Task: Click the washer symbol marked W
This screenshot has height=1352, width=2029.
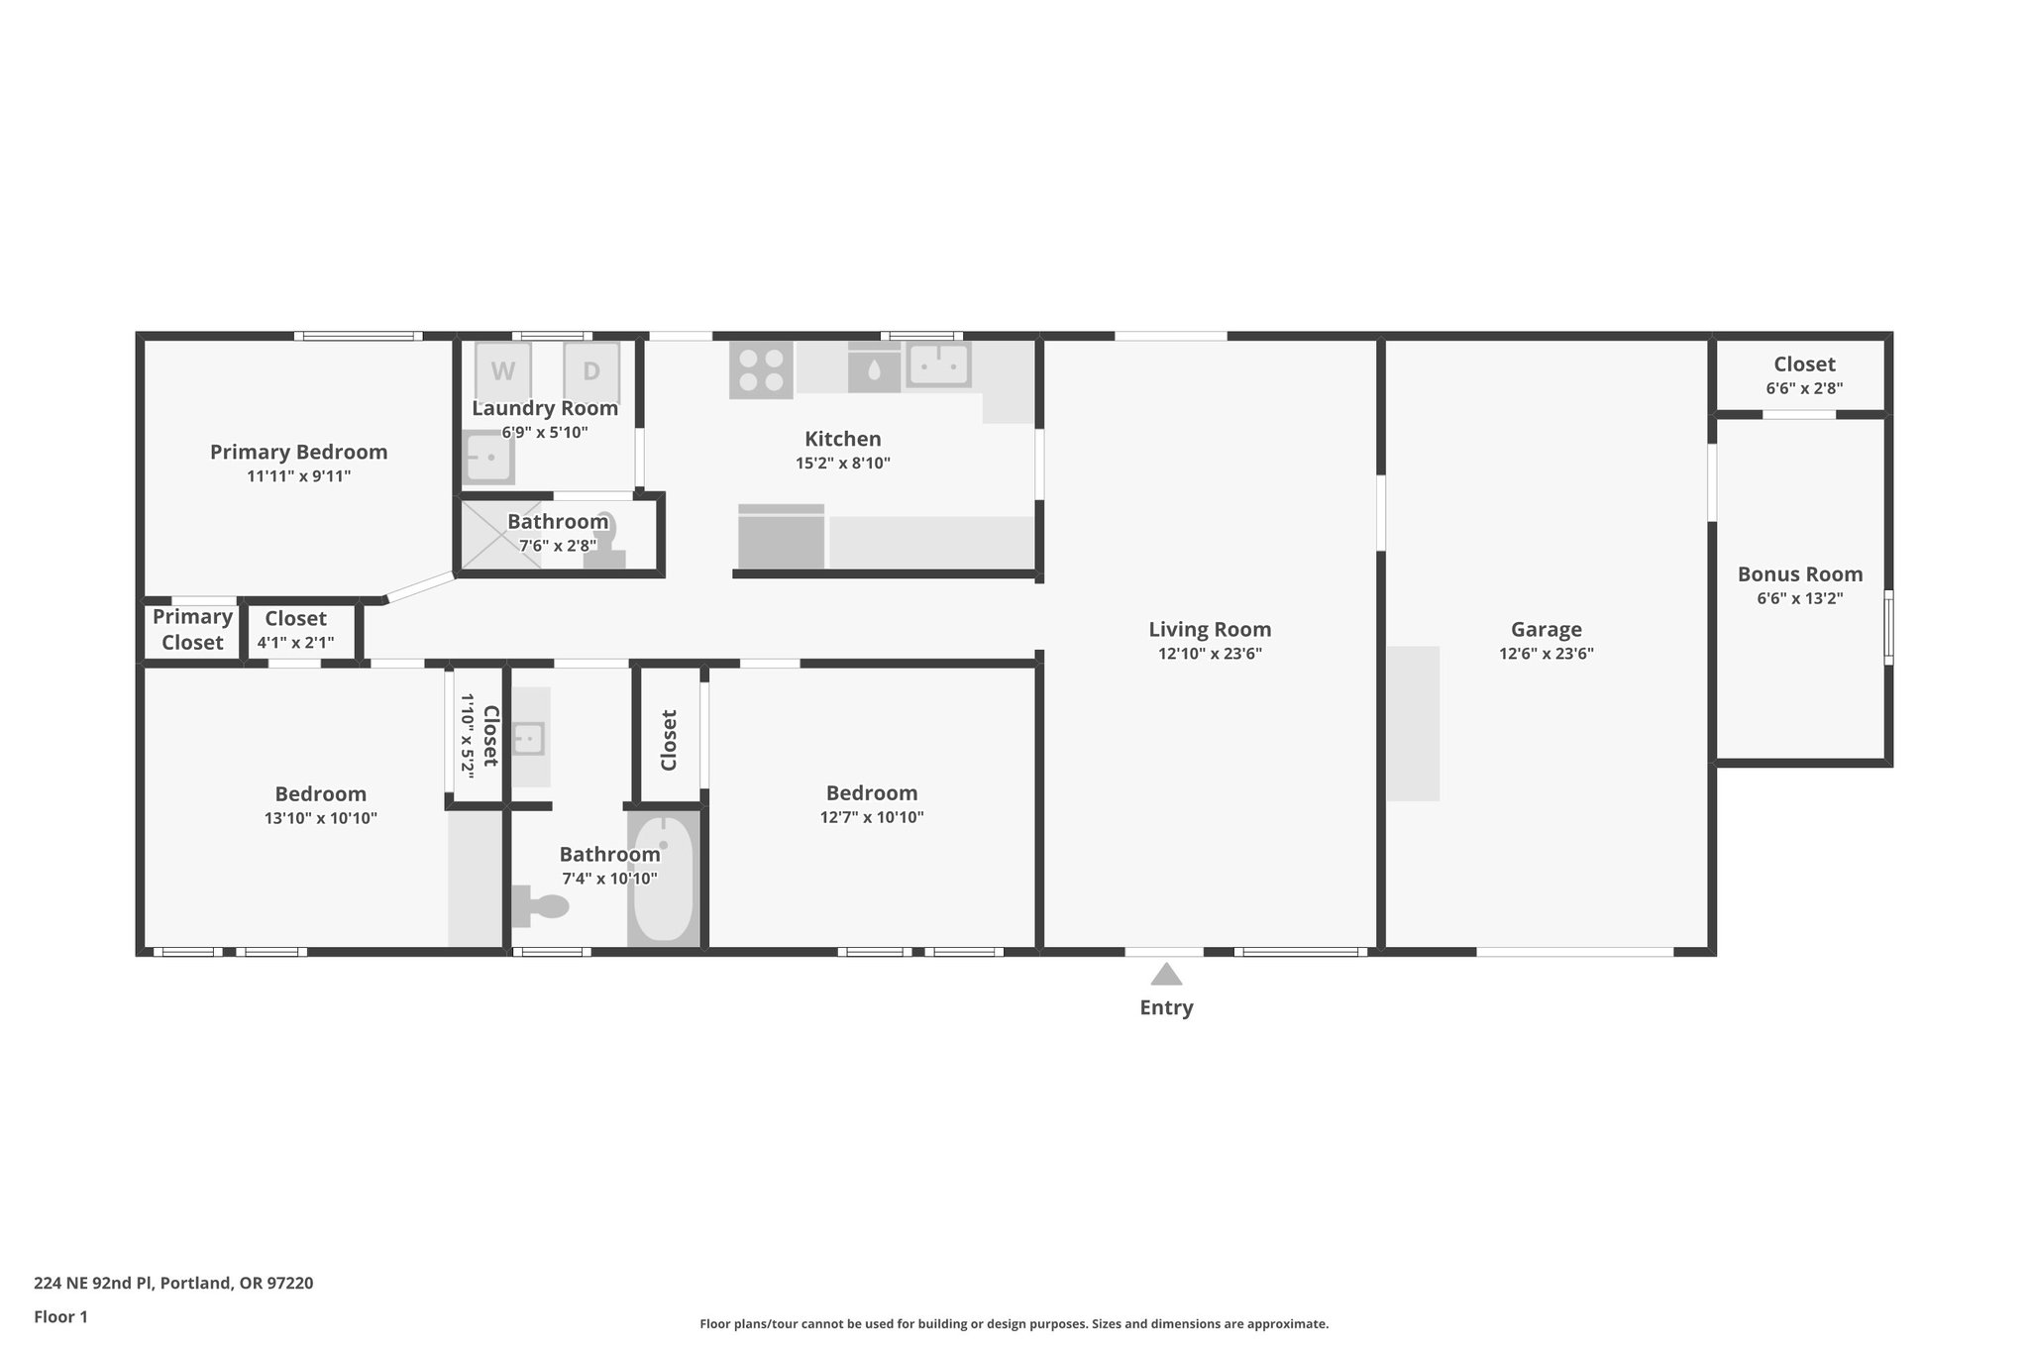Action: coord(503,371)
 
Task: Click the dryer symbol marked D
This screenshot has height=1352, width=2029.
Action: coord(591,371)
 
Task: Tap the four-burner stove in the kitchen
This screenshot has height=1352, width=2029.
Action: coord(761,370)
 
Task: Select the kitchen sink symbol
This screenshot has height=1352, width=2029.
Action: coord(938,364)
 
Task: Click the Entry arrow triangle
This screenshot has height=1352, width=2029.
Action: coord(1166,975)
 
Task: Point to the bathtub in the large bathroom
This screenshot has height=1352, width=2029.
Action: coord(663,880)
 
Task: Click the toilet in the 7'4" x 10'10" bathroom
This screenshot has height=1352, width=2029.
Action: coord(541,906)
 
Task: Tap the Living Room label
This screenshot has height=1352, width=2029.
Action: coord(1210,629)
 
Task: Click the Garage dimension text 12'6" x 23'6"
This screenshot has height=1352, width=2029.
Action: coord(1546,654)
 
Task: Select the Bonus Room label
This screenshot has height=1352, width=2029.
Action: coord(1799,574)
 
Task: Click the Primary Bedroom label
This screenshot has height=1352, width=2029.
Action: coord(298,452)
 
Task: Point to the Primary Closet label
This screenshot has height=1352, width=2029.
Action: coord(192,629)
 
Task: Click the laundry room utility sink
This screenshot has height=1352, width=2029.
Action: coord(488,458)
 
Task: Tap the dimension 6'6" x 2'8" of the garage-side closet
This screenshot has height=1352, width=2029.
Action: coord(1804,389)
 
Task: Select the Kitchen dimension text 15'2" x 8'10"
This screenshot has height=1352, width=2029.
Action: coord(842,463)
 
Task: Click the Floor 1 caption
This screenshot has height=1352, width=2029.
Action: coord(60,1316)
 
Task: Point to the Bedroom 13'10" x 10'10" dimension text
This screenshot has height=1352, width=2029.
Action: coord(320,818)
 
